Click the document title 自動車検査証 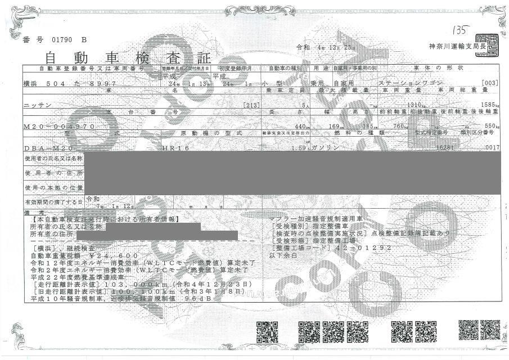click(120, 57)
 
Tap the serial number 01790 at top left click(62, 39)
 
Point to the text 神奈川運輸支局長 click(449, 46)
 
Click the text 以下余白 click(285, 255)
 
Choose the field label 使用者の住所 click(53, 173)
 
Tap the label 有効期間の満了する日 click(53, 201)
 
